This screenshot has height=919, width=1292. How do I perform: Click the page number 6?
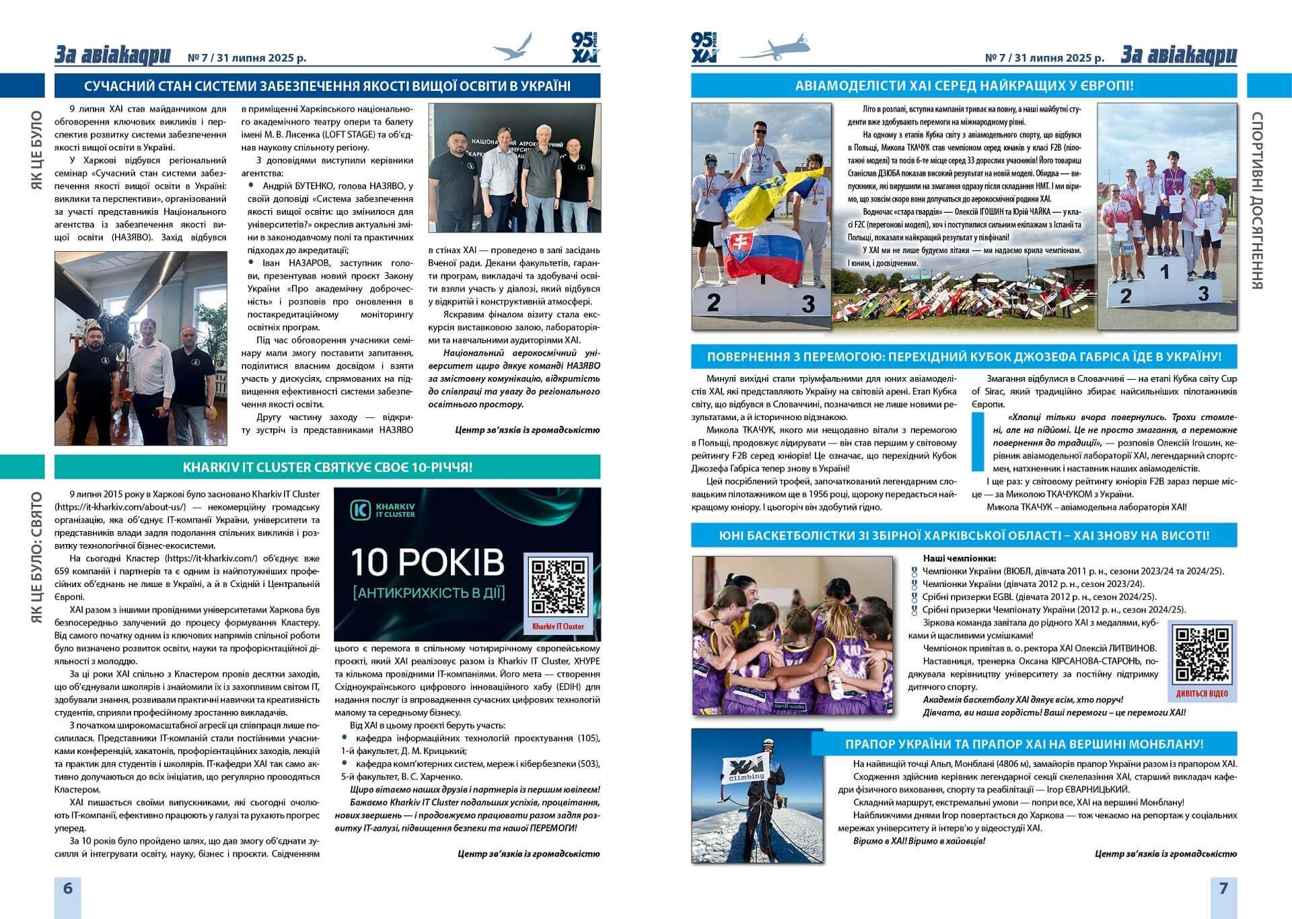click(x=67, y=887)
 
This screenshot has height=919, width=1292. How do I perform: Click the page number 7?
click(x=1223, y=887)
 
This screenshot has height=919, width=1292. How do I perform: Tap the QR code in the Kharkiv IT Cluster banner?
click(x=558, y=586)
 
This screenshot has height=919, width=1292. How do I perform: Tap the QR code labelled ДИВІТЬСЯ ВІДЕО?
click(x=1203, y=654)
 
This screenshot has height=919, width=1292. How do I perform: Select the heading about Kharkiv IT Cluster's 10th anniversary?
click(x=327, y=467)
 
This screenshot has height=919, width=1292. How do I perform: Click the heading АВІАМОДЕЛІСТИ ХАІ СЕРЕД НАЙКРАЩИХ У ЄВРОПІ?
click(x=964, y=86)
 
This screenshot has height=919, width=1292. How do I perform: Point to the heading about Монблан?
click(x=1024, y=744)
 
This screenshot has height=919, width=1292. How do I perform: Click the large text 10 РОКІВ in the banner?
click(x=427, y=562)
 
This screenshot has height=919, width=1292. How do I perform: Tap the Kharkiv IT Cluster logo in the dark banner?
click(x=383, y=510)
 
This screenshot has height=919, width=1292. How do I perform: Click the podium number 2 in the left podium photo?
click(x=713, y=303)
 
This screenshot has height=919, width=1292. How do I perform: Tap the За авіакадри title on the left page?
click(x=113, y=55)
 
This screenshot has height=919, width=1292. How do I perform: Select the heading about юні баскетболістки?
click(x=964, y=535)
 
